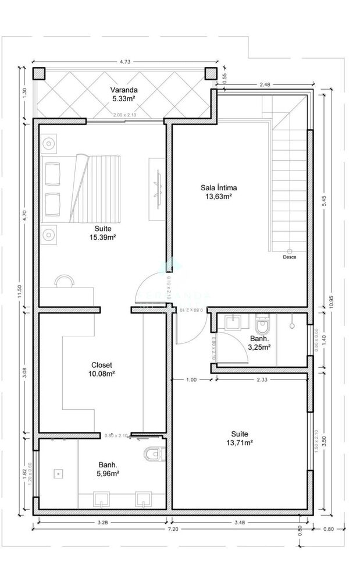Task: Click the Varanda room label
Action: [x=124, y=90]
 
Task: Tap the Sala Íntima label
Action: [x=218, y=188]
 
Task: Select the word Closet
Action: [x=102, y=365]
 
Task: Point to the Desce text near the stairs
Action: [x=288, y=257]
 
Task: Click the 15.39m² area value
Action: [x=102, y=237]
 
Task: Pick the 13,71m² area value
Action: [x=240, y=443]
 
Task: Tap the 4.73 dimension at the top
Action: [x=124, y=60]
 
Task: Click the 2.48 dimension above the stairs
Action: [x=265, y=85]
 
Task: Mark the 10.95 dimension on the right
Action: [x=330, y=301]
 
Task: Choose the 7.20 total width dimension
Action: [x=173, y=530]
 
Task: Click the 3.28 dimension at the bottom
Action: [x=102, y=523]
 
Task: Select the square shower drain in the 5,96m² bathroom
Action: [x=58, y=474]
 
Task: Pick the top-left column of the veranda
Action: [x=39, y=73]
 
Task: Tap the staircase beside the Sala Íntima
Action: [x=288, y=175]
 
